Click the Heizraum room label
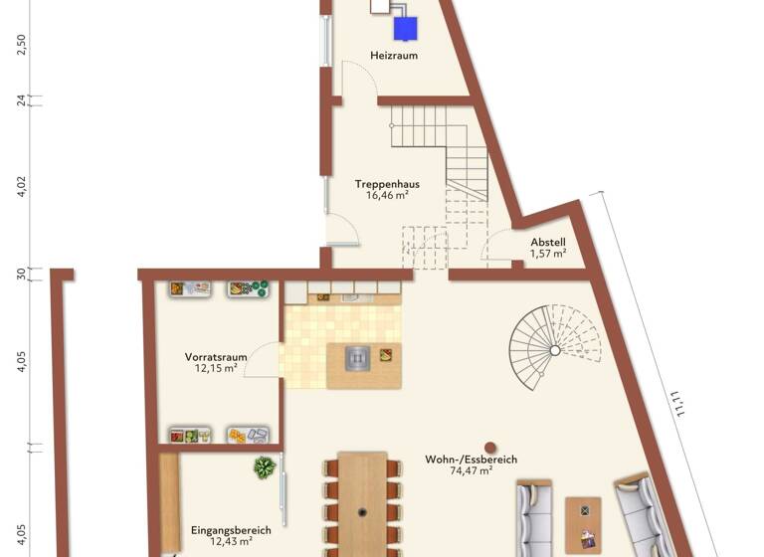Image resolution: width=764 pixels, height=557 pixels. [394, 56]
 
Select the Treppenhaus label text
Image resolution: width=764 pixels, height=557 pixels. [387, 184]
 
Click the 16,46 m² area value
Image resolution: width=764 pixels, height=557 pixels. [387, 196]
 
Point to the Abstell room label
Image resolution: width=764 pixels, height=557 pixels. [547, 242]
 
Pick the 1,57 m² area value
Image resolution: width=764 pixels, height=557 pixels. [547, 254]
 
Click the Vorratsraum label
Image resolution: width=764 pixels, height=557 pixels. [216, 356]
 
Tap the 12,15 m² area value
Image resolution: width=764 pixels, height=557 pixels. [216, 368]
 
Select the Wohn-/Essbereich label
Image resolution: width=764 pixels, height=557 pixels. [472, 460]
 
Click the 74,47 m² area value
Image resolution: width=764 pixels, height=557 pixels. [472, 471]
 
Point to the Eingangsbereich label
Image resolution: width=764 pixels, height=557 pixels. [231, 530]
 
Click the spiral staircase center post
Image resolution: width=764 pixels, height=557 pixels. [555, 350]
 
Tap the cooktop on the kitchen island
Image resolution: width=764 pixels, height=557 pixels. [358, 358]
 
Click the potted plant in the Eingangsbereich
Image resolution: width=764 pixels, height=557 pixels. [264, 466]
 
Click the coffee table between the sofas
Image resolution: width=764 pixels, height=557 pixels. [583, 523]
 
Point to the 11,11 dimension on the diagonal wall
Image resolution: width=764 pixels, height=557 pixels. [679, 407]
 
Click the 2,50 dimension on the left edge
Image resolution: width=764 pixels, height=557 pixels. [22, 45]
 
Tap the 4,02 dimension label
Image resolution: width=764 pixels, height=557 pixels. [22, 186]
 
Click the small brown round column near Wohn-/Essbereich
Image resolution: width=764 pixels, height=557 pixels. [489, 448]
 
